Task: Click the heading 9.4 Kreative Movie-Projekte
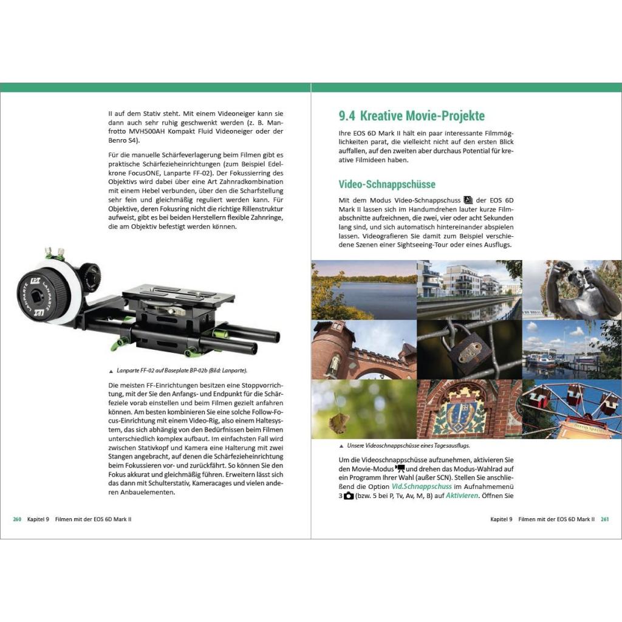coord(411,116)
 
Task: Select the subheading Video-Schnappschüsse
coord(387,185)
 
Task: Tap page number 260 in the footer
coord(17,519)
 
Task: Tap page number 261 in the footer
coord(604,519)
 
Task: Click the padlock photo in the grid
coord(470,349)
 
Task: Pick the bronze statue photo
coord(572,290)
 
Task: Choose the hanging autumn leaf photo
coord(364,409)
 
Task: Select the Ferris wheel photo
coord(572,409)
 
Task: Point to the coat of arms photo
coord(470,409)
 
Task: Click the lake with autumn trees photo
coord(364,290)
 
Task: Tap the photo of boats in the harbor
coord(572,349)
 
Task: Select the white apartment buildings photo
coord(470,290)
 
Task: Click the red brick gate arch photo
coord(364,349)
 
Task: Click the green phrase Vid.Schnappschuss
coord(422,487)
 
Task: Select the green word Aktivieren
coord(462,496)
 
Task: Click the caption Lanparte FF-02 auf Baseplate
coord(182,371)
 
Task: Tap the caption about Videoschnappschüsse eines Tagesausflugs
coord(408,445)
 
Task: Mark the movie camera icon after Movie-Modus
coord(400,468)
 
